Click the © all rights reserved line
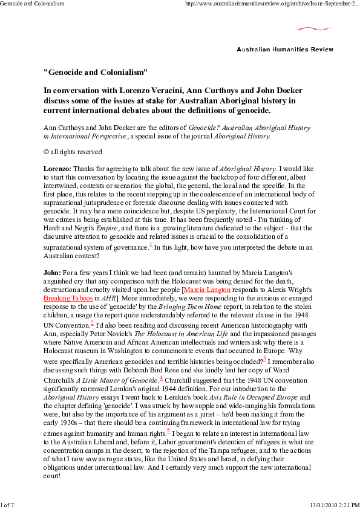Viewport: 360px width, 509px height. tap(73, 152)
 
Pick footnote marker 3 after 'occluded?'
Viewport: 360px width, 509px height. tap(265, 358)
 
